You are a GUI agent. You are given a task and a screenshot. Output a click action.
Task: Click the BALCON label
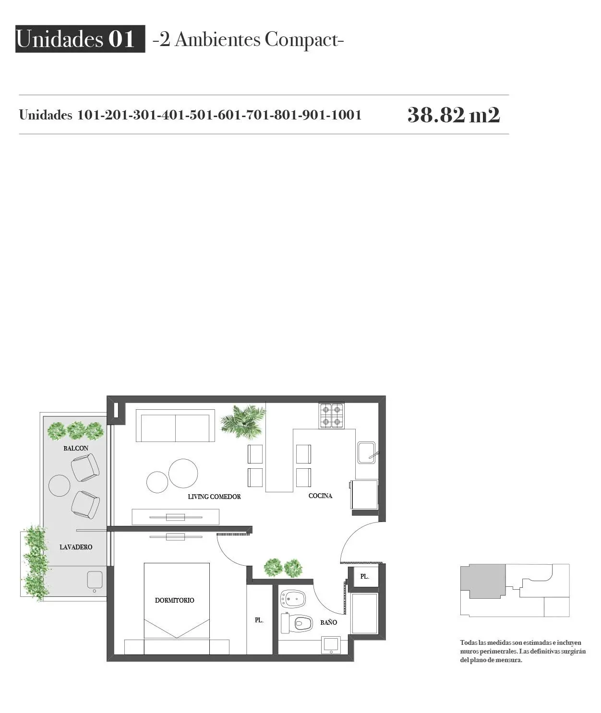pos(76,448)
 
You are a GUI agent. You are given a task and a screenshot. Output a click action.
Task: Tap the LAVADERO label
pos(76,547)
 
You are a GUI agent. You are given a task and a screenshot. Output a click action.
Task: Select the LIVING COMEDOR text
pos(214,497)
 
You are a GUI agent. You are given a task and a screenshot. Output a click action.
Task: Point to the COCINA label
pos(320,496)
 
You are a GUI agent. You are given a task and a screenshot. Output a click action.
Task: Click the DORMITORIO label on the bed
pos(175,600)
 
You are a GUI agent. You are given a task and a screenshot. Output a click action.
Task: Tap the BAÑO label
pos(329,622)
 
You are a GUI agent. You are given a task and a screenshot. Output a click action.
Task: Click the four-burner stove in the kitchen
pos(331,416)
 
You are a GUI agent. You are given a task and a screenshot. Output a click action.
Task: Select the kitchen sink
pos(367,452)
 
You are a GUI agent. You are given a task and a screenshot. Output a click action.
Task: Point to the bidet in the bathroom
pos(293,599)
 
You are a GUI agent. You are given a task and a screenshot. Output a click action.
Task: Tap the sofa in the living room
pos(175,426)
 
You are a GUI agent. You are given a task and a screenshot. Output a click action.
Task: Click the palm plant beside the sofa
pos(243,421)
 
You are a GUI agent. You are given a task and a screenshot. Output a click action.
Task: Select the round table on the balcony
pos(60,485)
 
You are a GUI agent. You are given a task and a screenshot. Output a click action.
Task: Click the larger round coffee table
pos(183,473)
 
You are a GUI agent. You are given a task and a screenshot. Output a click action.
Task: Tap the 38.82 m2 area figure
pos(454,115)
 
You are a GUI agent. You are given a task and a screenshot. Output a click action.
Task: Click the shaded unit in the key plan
pos(482,581)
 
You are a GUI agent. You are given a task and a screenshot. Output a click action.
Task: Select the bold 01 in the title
pos(121,39)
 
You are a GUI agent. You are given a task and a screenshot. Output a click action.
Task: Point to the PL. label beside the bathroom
pos(259,620)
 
